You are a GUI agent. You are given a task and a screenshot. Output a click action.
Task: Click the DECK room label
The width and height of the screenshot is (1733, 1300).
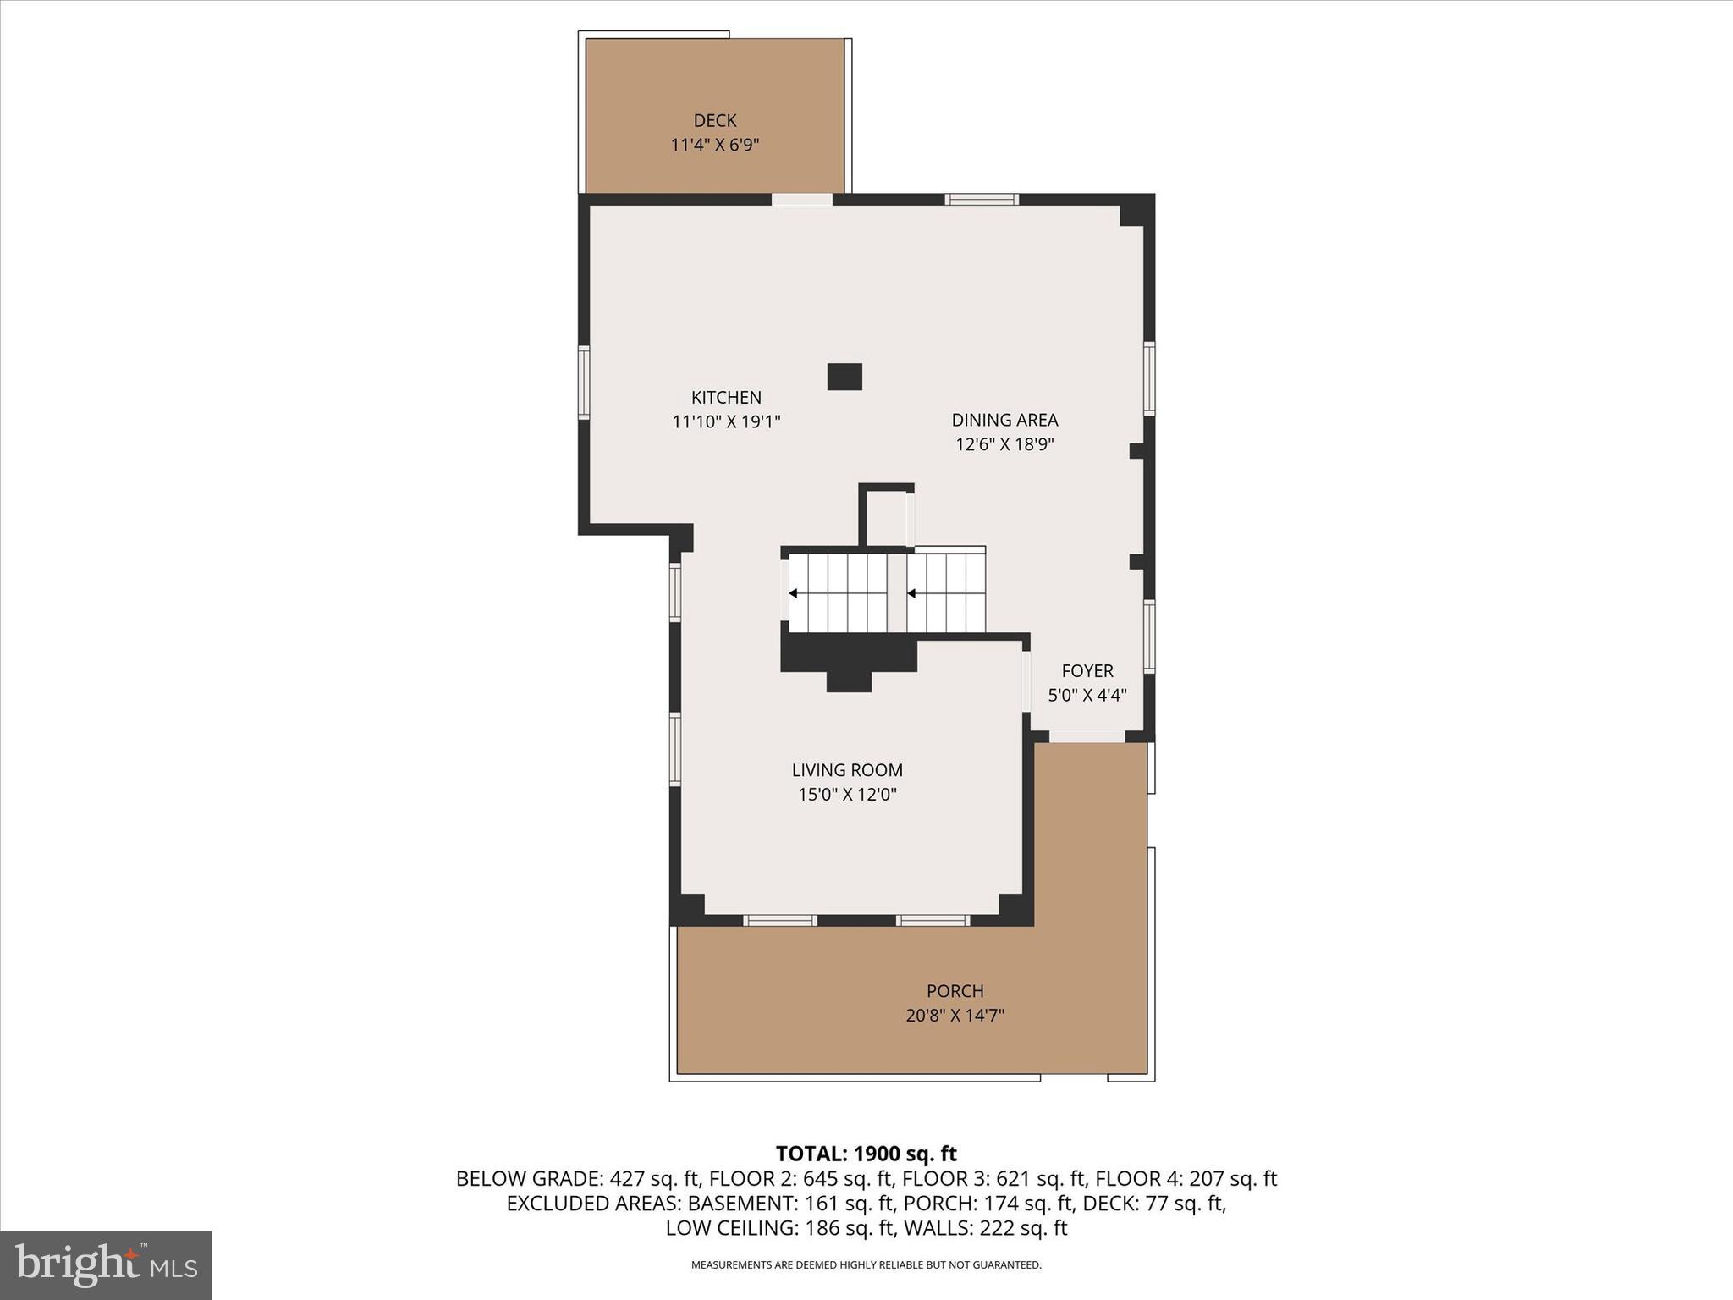click(715, 121)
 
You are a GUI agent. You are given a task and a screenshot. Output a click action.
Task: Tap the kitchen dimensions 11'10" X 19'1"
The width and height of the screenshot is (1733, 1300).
click(726, 421)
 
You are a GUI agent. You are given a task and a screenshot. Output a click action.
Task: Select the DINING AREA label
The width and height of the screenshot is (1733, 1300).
click(1004, 420)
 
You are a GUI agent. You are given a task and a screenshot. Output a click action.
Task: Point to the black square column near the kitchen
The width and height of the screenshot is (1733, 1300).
click(844, 377)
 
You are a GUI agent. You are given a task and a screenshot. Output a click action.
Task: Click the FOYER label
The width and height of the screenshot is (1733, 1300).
click(1087, 671)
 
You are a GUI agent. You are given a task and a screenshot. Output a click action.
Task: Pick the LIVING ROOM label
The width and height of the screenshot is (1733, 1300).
click(847, 770)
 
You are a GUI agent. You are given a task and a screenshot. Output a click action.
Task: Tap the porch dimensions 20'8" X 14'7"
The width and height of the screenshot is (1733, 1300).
click(955, 1016)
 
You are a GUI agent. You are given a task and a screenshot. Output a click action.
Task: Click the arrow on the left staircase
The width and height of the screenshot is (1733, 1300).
click(794, 593)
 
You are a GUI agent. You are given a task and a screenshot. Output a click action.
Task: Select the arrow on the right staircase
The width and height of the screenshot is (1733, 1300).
click(911, 593)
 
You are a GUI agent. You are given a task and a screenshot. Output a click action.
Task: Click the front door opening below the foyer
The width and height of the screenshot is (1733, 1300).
click(1087, 737)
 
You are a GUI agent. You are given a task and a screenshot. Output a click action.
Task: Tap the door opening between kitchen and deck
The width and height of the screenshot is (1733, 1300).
click(801, 200)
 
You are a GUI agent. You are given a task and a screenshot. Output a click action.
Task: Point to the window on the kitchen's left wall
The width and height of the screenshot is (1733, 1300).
click(584, 381)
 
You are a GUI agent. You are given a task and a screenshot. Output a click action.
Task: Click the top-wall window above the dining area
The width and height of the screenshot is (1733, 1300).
click(982, 200)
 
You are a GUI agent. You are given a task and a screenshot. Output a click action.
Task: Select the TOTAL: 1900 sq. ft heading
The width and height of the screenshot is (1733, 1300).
click(866, 1154)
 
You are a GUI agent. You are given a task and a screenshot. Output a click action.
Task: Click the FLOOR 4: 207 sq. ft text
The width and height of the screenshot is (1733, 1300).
click(1186, 1178)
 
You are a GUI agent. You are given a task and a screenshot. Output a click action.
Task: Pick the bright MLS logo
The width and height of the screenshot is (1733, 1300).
click(106, 1264)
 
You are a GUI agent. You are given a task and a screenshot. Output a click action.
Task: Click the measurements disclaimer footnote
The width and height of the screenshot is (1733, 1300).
click(866, 1265)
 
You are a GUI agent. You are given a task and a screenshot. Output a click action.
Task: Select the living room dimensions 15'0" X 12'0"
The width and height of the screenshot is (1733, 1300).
click(847, 795)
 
